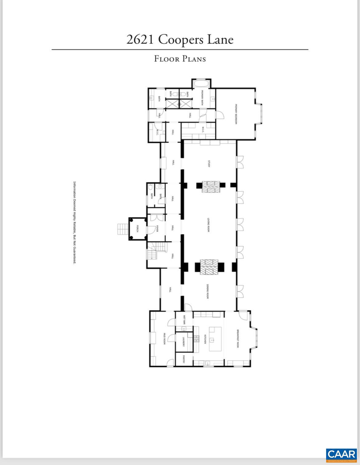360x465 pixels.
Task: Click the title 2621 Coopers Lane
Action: pyautogui.click(x=180, y=39)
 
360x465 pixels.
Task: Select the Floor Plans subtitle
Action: pyautogui.click(x=180, y=59)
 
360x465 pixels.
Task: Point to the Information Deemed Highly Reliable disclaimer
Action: pyautogui.click(x=74, y=223)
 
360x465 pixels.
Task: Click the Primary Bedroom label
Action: pyautogui.click(x=236, y=114)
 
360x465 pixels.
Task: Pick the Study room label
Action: pyautogui.click(x=209, y=164)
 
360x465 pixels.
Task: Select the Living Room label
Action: pyautogui.click(x=208, y=225)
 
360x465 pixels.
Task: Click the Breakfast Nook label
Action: pyautogui.click(x=238, y=339)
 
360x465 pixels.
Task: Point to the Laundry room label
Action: pyautogui.click(x=183, y=342)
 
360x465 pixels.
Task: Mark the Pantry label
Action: pyautogui.click(x=183, y=359)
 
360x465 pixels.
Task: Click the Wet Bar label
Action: pyautogui.click(x=184, y=320)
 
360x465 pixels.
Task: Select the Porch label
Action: pyautogui.click(x=138, y=228)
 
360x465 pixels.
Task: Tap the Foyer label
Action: pyautogui.click(x=157, y=228)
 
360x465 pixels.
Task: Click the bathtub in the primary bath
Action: pyautogui.click(x=202, y=84)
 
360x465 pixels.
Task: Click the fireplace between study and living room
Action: pyautogui.click(x=211, y=187)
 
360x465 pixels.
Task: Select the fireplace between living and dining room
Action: pyautogui.click(x=209, y=267)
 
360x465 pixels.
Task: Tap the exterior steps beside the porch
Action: pyautogui.click(x=123, y=229)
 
